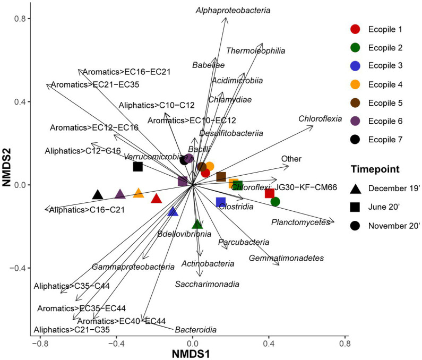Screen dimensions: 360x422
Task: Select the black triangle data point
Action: pyautogui.click(x=98, y=195)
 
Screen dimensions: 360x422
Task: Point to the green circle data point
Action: pyautogui.click(x=275, y=201)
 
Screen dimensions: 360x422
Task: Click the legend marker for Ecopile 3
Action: pyautogui.click(x=356, y=66)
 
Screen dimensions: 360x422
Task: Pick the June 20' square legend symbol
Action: pyautogui.click(x=356, y=207)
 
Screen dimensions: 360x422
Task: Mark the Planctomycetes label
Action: pyautogui.click(x=300, y=222)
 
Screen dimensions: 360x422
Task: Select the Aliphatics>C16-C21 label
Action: pyautogui.click(x=87, y=210)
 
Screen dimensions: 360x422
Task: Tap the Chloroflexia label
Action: pyautogui.click(x=320, y=118)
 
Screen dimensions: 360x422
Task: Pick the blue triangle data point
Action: pyautogui.click(x=173, y=211)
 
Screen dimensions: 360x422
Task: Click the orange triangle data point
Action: pyautogui.click(x=139, y=193)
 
